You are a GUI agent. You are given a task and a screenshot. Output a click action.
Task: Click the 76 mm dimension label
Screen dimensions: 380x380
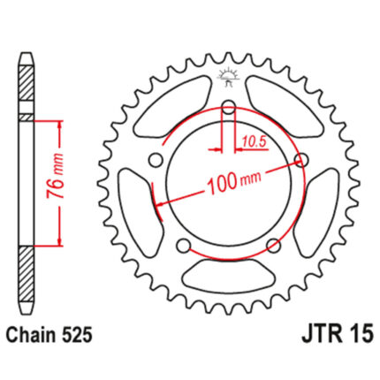pyautogui.click(x=55, y=176)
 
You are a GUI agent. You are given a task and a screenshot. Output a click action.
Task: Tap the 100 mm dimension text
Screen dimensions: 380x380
pyautogui.click(x=233, y=181)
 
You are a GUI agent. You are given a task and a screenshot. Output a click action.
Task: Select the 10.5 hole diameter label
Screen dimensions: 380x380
pyautogui.click(x=255, y=142)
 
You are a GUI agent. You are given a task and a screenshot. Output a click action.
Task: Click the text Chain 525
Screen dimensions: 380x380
pyautogui.click(x=49, y=335)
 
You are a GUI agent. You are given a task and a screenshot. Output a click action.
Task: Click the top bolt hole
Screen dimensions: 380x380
pyautogui.click(x=229, y=107)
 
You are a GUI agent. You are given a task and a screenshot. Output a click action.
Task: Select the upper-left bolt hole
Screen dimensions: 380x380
pyautogui.click(x=156, y=161)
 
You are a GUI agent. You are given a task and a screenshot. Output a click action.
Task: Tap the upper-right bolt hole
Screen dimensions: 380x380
pyautogui.click(x=302, y=161)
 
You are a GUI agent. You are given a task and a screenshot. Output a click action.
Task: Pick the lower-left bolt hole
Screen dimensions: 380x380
pyautogui.click(x=184, y=246)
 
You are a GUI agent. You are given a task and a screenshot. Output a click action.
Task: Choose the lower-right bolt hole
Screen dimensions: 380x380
pyautogui.click(x=274, y=246)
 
